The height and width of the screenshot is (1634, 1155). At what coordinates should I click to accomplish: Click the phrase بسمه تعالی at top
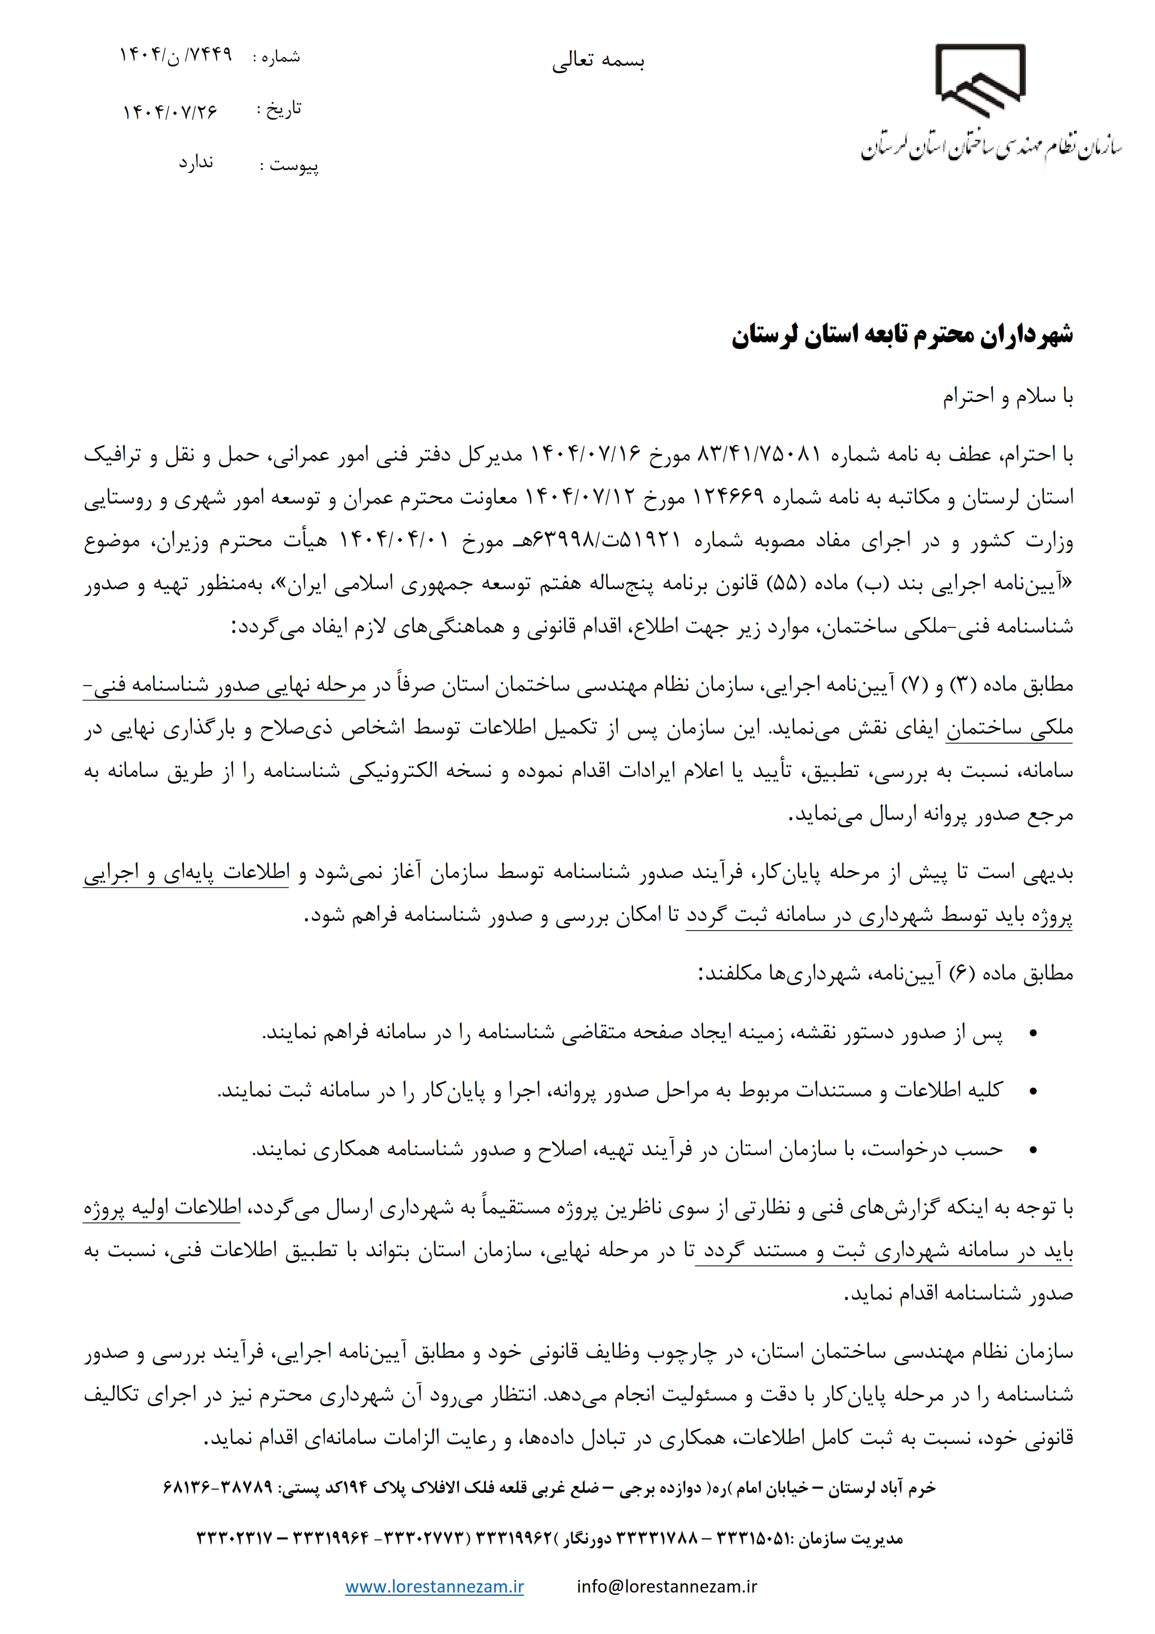(598, 62)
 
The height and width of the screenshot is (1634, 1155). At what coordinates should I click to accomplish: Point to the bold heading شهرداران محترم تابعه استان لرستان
(902, 336)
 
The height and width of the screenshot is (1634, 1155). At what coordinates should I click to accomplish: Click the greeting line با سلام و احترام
(1008, 398)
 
